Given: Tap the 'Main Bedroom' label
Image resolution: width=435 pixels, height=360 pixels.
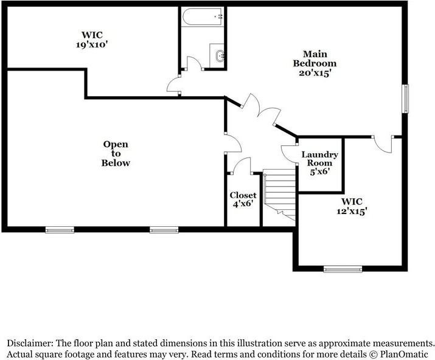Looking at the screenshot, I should (x=315, y=58).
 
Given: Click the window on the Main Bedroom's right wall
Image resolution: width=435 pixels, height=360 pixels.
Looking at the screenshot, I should (x=405, y=98).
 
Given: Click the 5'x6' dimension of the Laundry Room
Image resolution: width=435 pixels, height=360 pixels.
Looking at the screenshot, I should (x=319, y=171).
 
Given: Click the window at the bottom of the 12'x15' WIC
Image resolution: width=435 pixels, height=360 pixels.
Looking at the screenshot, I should (x=343, y=268).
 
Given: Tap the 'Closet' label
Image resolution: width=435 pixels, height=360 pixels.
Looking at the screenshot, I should (x=243, y=195).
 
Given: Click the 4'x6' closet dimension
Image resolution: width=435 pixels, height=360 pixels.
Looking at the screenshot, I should (x=243, y=204).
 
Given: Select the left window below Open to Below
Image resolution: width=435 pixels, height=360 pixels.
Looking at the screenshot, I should (x=60, y=230).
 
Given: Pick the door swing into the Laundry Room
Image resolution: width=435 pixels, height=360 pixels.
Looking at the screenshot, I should (x=288, y=153).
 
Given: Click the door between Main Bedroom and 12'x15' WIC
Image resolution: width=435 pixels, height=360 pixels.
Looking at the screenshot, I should (x=383, y=143).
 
